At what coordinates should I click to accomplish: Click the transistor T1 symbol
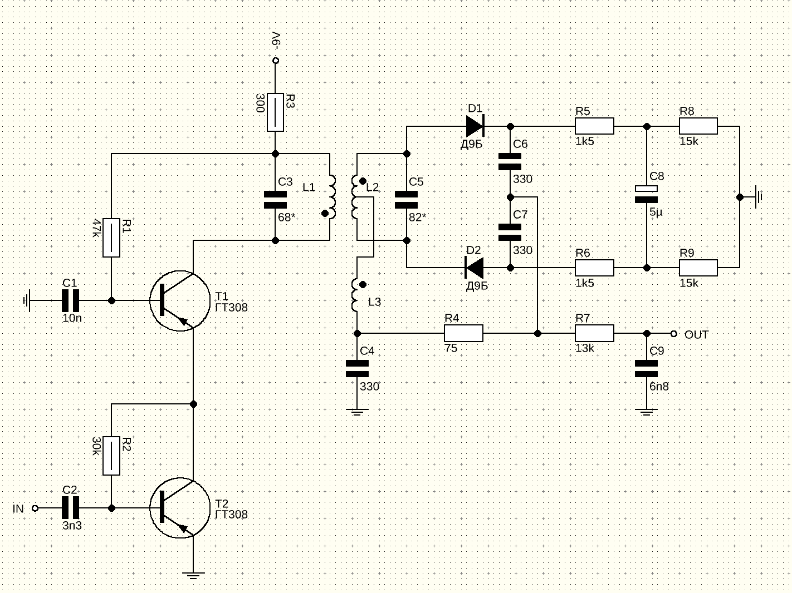[179, 300]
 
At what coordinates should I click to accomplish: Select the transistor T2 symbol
[179, 508]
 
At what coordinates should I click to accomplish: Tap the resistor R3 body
[275, 112]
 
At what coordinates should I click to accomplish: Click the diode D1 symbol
[475, 126]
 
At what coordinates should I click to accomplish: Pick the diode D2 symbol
[475, 268]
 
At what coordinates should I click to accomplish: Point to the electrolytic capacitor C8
[647, 194]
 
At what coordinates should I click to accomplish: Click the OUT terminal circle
[674, 334]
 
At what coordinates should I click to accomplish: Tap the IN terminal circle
[35, 508]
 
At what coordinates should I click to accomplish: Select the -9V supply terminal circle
[275, 61]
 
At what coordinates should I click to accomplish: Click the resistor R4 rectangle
[463, 334]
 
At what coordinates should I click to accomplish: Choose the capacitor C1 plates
[70, 300]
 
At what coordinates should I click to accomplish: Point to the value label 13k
[585, 348]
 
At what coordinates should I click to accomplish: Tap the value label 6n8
[659, 386]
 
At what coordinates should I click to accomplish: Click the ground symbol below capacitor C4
[357, 412]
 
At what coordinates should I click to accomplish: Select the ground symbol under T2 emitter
[193, 575]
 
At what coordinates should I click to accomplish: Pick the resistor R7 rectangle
[594, 334]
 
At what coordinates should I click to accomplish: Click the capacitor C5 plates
[407, 199]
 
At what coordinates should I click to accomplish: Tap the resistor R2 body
[111, 456]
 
